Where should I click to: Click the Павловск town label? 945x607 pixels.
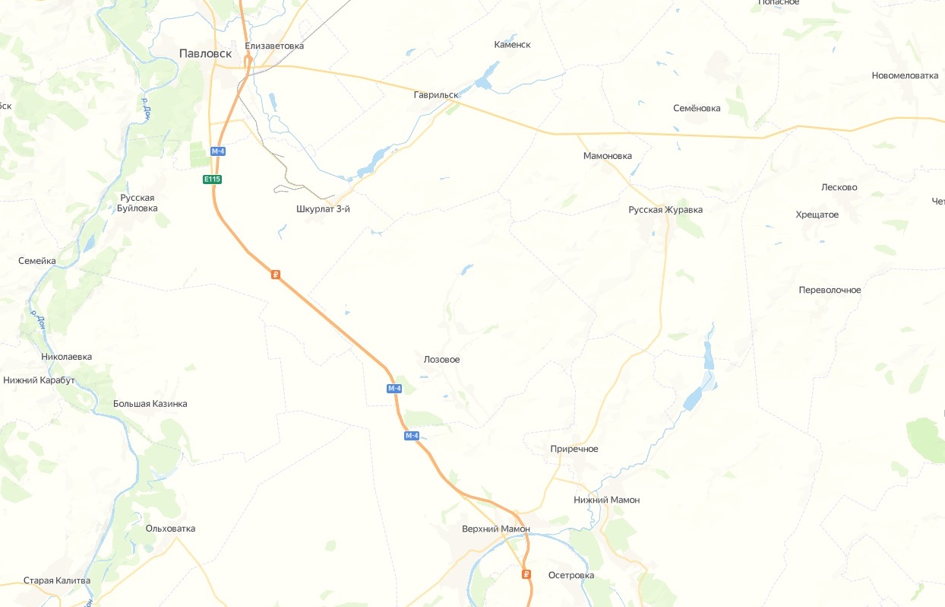[x=205, y=53]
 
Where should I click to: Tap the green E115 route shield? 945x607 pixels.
[x=212, y=180]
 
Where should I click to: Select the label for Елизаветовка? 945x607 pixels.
[x=274, y=46]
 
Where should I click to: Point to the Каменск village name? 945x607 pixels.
[x=512, y=45]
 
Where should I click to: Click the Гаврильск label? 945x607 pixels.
[x=436, y=95]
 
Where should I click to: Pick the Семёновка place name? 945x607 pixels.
[x=697, y=108]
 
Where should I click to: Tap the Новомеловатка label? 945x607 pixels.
[x=905, y=75]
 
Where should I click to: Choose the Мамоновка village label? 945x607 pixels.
[x=607, y=156]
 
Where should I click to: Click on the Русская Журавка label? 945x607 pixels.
[x=665, y=210]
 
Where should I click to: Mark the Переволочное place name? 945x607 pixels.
[x=830, y=290]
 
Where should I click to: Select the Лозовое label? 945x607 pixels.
[x=441, y=360]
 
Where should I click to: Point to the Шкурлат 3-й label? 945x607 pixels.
[x=323, y=209]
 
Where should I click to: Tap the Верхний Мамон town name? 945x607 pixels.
[x=495, y=529]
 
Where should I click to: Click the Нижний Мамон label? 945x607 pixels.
[x=607, y=500]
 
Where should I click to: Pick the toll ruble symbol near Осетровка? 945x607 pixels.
[x=526, y=574]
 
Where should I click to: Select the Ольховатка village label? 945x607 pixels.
[x=170, y=528]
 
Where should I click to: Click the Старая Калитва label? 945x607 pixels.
[x=57, y=580]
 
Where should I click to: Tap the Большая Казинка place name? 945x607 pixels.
[x=150, y=404]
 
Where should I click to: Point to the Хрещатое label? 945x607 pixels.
[x=817, y=215]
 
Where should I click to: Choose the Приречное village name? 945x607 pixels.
[x=574, y=449]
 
